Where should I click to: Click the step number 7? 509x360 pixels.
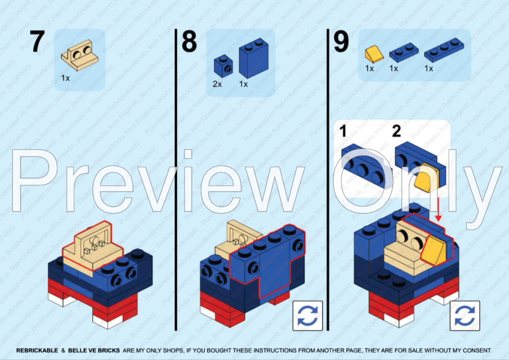click(x=37, y=42)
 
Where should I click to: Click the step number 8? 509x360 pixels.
click(x=189, y=42)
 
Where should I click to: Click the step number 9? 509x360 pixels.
click(x=341, y=42)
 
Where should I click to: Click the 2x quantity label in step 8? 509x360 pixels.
click(x=218, y=84)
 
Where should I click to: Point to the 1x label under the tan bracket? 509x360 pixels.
click(x=65, y=78)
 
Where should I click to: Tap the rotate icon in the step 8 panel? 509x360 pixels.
click(x=308, y=315)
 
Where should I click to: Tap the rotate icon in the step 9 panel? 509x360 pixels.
click(x=465, y=315)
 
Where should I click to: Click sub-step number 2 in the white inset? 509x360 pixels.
click(x=397, y=130)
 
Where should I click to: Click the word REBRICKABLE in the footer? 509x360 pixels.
click(x=37, y=350)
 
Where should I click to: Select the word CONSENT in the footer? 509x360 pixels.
click(x=475, y=350)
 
